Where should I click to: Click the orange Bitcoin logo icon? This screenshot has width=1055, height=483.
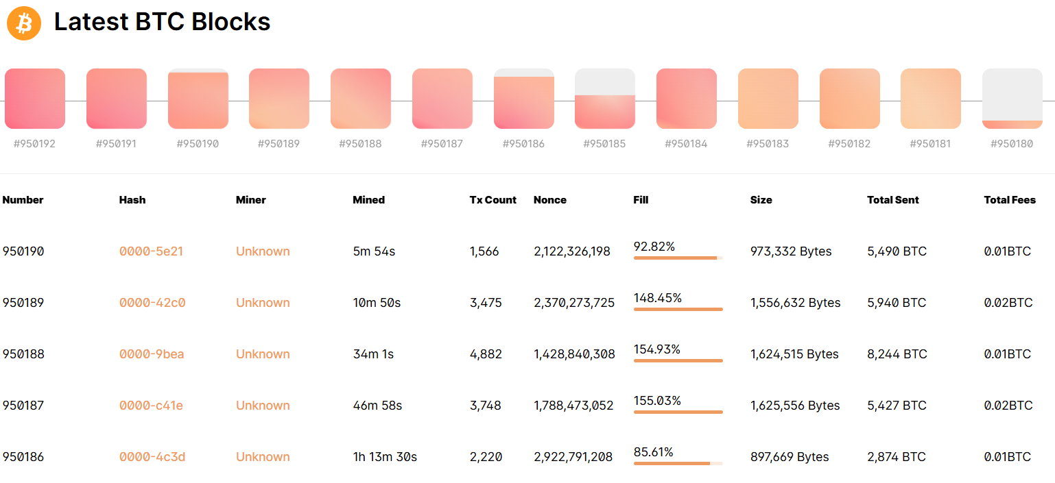[24, 23]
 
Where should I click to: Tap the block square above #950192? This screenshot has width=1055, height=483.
[35, 98]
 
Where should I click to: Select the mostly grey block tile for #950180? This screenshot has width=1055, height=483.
[1012, 98]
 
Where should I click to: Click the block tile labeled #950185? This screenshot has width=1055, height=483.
[605, 98]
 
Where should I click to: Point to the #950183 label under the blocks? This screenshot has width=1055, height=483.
[768, 144]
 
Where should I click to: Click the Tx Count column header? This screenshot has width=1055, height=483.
[493, 200]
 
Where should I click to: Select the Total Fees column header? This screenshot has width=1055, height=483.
[1010, 200]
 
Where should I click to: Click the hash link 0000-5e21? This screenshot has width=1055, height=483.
[151, 251]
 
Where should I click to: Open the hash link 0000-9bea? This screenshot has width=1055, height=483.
[152, 354]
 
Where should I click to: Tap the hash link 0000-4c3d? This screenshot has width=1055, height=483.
[152, 457]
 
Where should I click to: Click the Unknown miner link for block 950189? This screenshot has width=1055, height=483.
[263, 302]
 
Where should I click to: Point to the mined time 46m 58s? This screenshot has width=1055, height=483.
[378, 406]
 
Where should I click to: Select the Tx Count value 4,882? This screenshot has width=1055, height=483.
[486, 354]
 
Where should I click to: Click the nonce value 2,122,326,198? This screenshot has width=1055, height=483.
[572, 251]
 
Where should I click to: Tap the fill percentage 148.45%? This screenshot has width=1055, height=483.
[658, 298]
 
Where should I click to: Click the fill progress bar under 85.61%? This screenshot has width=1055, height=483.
[678, 463]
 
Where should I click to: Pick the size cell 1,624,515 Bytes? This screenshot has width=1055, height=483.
[794, 354]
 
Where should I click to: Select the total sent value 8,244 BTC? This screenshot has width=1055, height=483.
[897, 354]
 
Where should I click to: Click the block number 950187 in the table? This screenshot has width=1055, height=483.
[23, 406]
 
